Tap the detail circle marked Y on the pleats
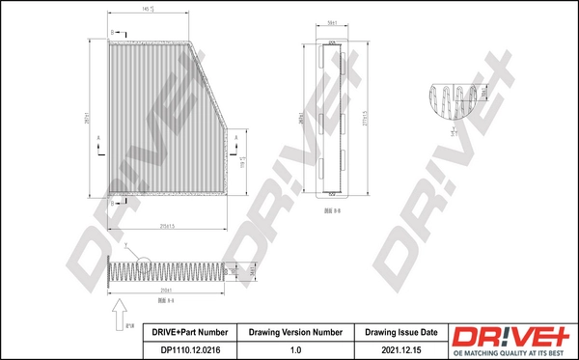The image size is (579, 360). [143, 263]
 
